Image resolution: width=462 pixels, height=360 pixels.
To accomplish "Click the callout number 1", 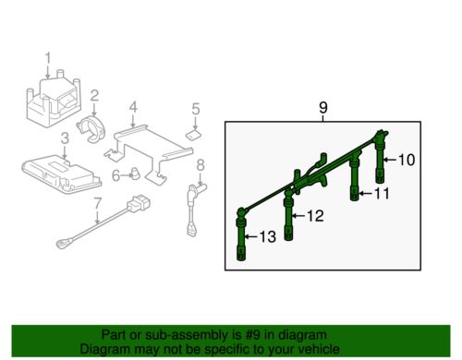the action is [48, 59].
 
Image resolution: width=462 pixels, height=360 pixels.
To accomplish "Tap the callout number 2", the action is [94, 96].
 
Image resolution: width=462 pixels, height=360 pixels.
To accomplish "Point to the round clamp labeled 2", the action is [91, 129].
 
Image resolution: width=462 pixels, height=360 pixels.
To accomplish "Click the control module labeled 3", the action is [62, 174].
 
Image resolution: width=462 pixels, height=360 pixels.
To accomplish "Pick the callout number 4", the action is [133, 108].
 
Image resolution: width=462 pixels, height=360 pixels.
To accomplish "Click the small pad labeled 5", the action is [193, 134].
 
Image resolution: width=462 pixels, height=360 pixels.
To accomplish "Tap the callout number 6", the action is [115, 175].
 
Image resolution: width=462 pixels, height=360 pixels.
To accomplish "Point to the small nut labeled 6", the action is [135, 174].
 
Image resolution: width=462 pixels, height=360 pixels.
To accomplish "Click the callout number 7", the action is [97, 204].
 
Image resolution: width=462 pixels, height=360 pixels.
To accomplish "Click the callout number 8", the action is [201, 165].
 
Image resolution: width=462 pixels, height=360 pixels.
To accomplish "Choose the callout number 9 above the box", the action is [322, 108].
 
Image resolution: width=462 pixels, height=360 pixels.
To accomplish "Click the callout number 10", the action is [407, 160].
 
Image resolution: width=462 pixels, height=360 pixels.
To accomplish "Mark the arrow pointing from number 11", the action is [366, 194].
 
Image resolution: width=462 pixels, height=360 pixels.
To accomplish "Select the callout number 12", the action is [316, 216].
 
